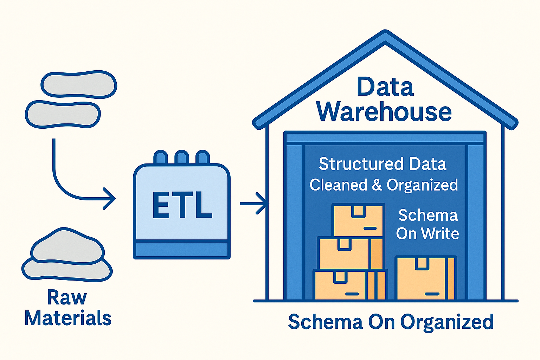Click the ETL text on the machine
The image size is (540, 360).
(182, 205)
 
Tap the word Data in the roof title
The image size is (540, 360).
(385, 87)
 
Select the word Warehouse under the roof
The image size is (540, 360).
(384, 112)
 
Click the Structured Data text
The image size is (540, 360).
(382, 164)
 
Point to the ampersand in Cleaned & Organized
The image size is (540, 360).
(377, 185)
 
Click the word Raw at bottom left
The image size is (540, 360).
(67, 297)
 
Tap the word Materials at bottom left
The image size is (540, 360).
(68, 318)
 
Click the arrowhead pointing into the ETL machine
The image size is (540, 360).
(111, 199)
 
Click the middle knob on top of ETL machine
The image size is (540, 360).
(181, 157)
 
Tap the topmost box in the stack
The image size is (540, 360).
(358, 220)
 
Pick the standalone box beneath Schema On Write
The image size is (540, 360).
(425, 278)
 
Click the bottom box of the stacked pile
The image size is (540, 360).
(350, 285)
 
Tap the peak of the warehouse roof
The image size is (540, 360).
(385, 35)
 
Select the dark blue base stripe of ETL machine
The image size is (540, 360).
(182, 250)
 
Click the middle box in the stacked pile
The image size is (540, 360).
(350, 253)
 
